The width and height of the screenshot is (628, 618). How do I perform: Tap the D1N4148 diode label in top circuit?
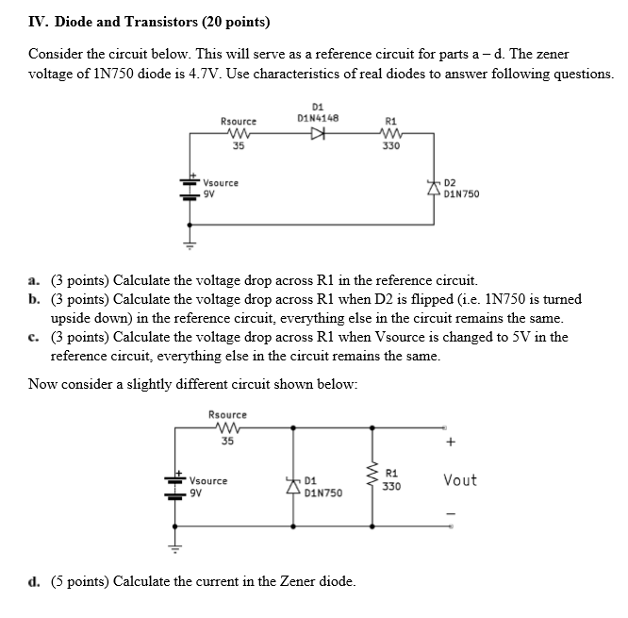click(x=318, y=118)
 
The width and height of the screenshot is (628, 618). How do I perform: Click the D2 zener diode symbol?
click(x=435, y=189)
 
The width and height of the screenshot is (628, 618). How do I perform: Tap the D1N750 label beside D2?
click(x=461, y=195)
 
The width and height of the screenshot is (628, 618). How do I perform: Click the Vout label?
click(x=459, y=481)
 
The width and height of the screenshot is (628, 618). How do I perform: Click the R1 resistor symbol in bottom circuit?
click(x=376, y=478)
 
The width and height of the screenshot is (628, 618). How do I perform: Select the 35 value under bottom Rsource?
click(x=227, y=440)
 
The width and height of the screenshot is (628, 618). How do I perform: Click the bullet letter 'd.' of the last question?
click(x=34, y=580)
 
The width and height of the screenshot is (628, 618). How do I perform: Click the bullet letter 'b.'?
click(x=34, y=299)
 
